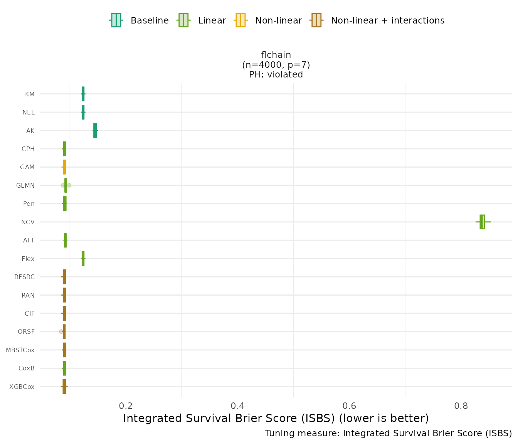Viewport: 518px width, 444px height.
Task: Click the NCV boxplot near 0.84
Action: [x=482, y=222]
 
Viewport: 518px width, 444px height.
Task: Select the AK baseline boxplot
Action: [x=95, y=131]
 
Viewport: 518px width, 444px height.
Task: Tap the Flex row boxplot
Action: [x=83, y=259]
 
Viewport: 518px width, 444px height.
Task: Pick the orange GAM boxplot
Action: [x=64, y=167]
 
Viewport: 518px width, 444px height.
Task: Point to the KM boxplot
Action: [x=83, y=94]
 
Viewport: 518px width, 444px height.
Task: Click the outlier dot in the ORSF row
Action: [x=61, y=331]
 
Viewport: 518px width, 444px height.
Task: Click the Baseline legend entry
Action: [x=139, y=20]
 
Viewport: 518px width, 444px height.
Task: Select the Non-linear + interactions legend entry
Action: [x=378, y=20]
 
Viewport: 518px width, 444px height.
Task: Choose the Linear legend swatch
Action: [x=183, y=20]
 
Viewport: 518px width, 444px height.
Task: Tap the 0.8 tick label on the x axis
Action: [x=461, y=406]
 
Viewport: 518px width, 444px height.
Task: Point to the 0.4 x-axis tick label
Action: [x=237, y=406]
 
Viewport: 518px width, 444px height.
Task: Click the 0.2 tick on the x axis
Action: [x=126, y=406]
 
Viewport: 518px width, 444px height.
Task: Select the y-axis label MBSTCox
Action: [x=20, y=350]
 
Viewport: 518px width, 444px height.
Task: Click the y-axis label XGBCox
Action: [x=22, y=387]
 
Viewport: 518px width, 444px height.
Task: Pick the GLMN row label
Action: [x=25, y=185]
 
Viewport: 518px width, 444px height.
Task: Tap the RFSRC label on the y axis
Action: [x=24, y=277]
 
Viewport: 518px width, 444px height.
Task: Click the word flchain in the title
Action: [x=276, y=55]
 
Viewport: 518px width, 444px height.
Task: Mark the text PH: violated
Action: [x=276, y=74]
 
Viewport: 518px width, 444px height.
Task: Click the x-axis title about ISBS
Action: [x=276, y=419]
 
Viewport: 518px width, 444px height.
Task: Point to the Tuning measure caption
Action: [x=388, y=434]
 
